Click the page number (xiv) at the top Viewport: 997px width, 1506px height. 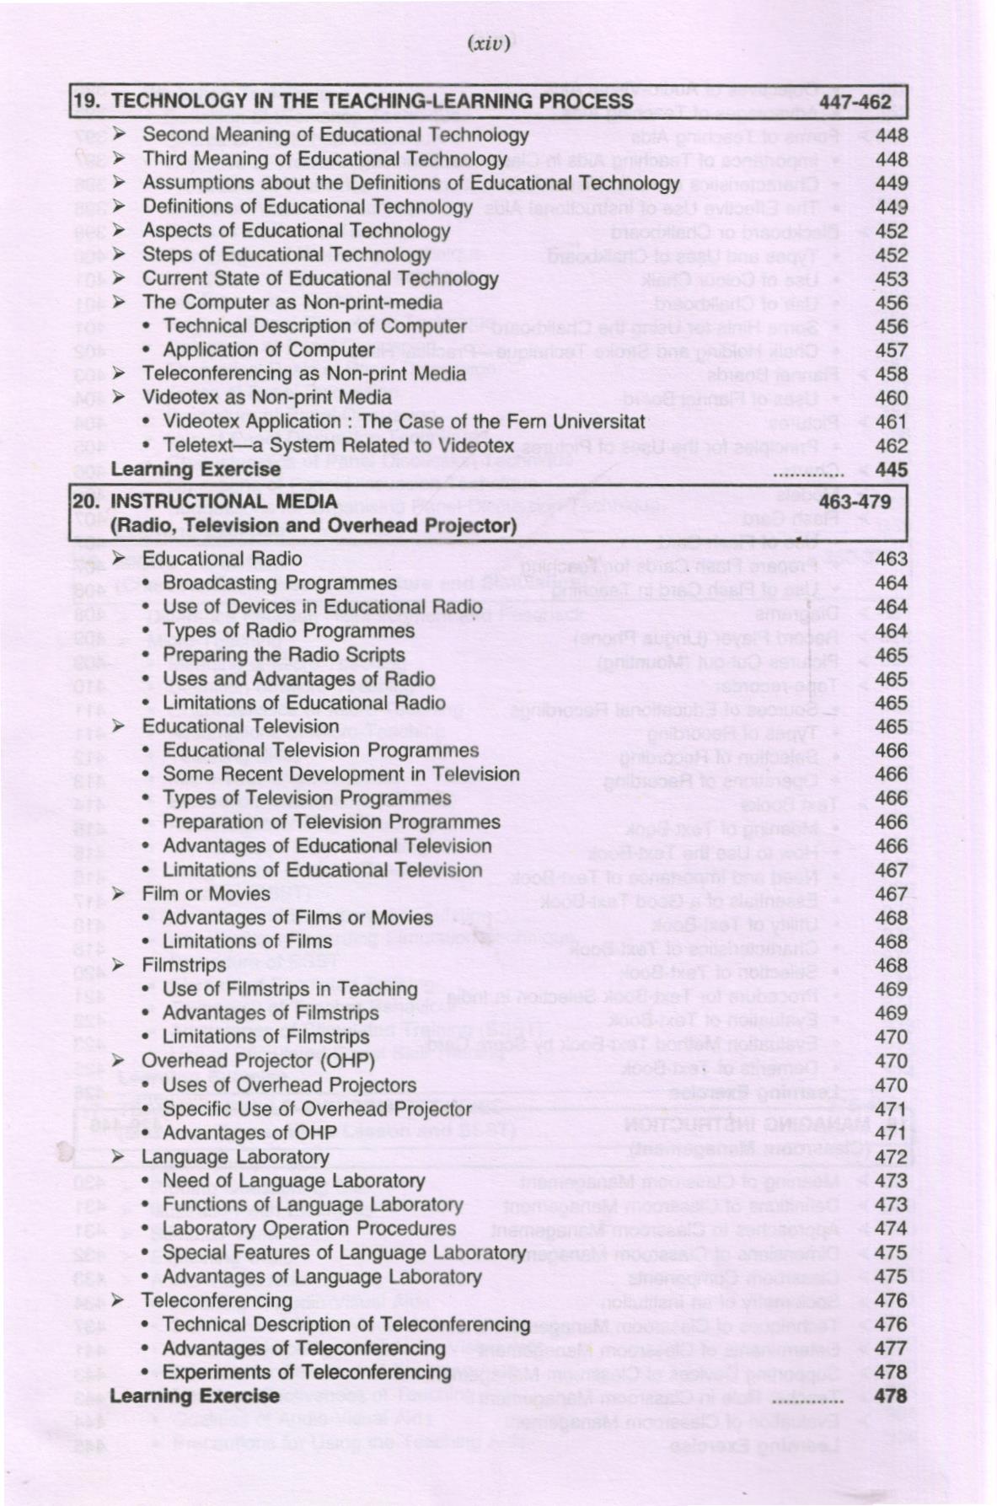click(x=488, y=43)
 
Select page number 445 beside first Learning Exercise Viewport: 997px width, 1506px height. click(x=891, y=469)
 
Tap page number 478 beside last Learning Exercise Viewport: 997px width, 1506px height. click(x=891, y=1396)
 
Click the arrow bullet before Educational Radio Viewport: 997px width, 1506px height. click(x=119, y=558)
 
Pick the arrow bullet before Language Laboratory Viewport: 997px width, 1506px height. click(x=119, y=1156)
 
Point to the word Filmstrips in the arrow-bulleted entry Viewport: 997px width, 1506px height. click(x=184, y=965)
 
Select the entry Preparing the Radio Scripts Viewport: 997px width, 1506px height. click(x=283, y=655)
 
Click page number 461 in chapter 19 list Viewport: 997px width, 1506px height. click(x=891, y=421)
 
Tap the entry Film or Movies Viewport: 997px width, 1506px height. click(x=206, y=893)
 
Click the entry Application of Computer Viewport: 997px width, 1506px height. click(x=268, y=350)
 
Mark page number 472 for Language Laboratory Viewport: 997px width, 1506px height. click(x=891, y=1156)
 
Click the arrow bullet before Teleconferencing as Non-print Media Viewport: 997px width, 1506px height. click(x=119, y=373)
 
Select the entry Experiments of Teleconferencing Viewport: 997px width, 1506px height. click(x=306, y=1372)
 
